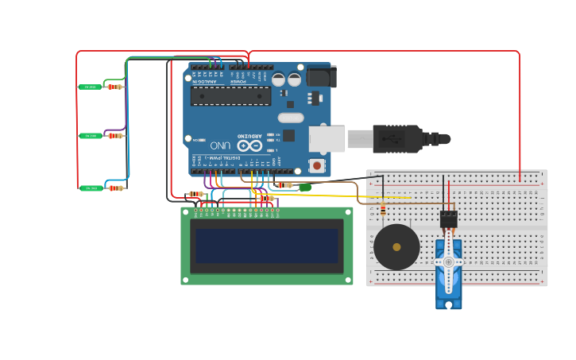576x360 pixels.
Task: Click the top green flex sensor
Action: [x=90, y=87]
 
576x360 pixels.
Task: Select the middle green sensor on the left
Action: [x=90, y=136]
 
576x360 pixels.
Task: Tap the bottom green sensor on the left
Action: [x=91, y=188]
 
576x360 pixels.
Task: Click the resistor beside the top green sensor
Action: [x=115, y=87]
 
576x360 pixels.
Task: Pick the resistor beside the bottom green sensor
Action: [x=116, y=188]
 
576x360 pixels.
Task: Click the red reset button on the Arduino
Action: [x=317, y=165]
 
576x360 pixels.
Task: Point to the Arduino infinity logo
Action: [x=249, y=145]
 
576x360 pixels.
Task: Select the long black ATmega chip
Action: [x=230, y=96]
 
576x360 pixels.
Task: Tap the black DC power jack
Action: [x=321, y=76]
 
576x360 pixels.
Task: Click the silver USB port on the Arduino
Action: [x=327, y=139]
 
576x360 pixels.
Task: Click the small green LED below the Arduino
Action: [x=304, y=188]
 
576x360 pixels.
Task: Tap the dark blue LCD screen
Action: [x=266, y=246]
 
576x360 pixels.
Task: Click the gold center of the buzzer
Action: [x=396, y=247]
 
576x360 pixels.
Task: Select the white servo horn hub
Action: [x=448, y=261]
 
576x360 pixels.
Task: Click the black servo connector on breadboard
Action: [x=448, y=218]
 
